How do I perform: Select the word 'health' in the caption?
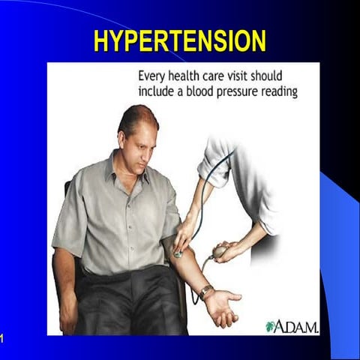[x=192, y=77]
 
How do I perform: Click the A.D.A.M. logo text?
[x=298, y=326]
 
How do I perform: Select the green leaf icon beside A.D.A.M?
[x=270, y=326]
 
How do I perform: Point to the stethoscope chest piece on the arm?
[x=178, y=253]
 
